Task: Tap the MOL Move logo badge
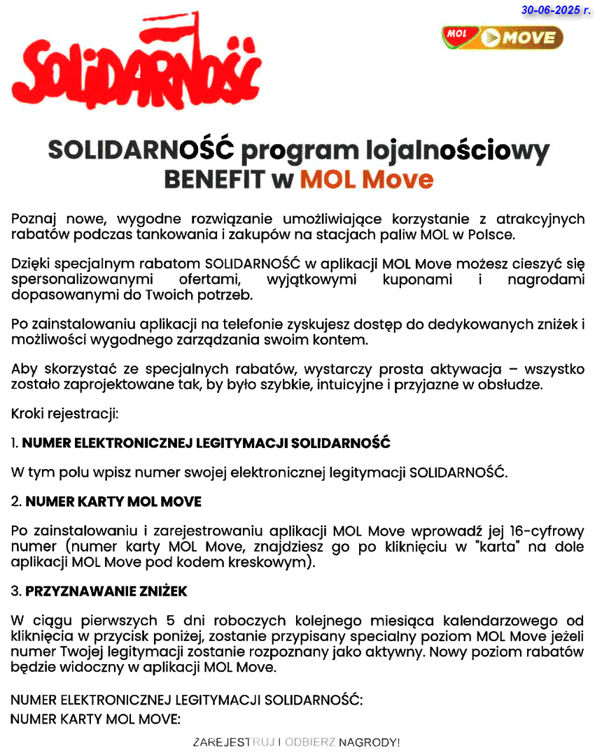[503, 37]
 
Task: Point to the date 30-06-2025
[556, 10]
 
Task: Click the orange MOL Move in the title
[367, 179]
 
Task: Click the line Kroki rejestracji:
[65, 414]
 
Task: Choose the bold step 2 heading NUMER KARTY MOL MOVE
[113, 501]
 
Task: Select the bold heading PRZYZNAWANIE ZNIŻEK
[106, 591]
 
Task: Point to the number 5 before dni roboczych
[170, 621]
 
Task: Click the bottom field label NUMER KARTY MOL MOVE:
[96, 718]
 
